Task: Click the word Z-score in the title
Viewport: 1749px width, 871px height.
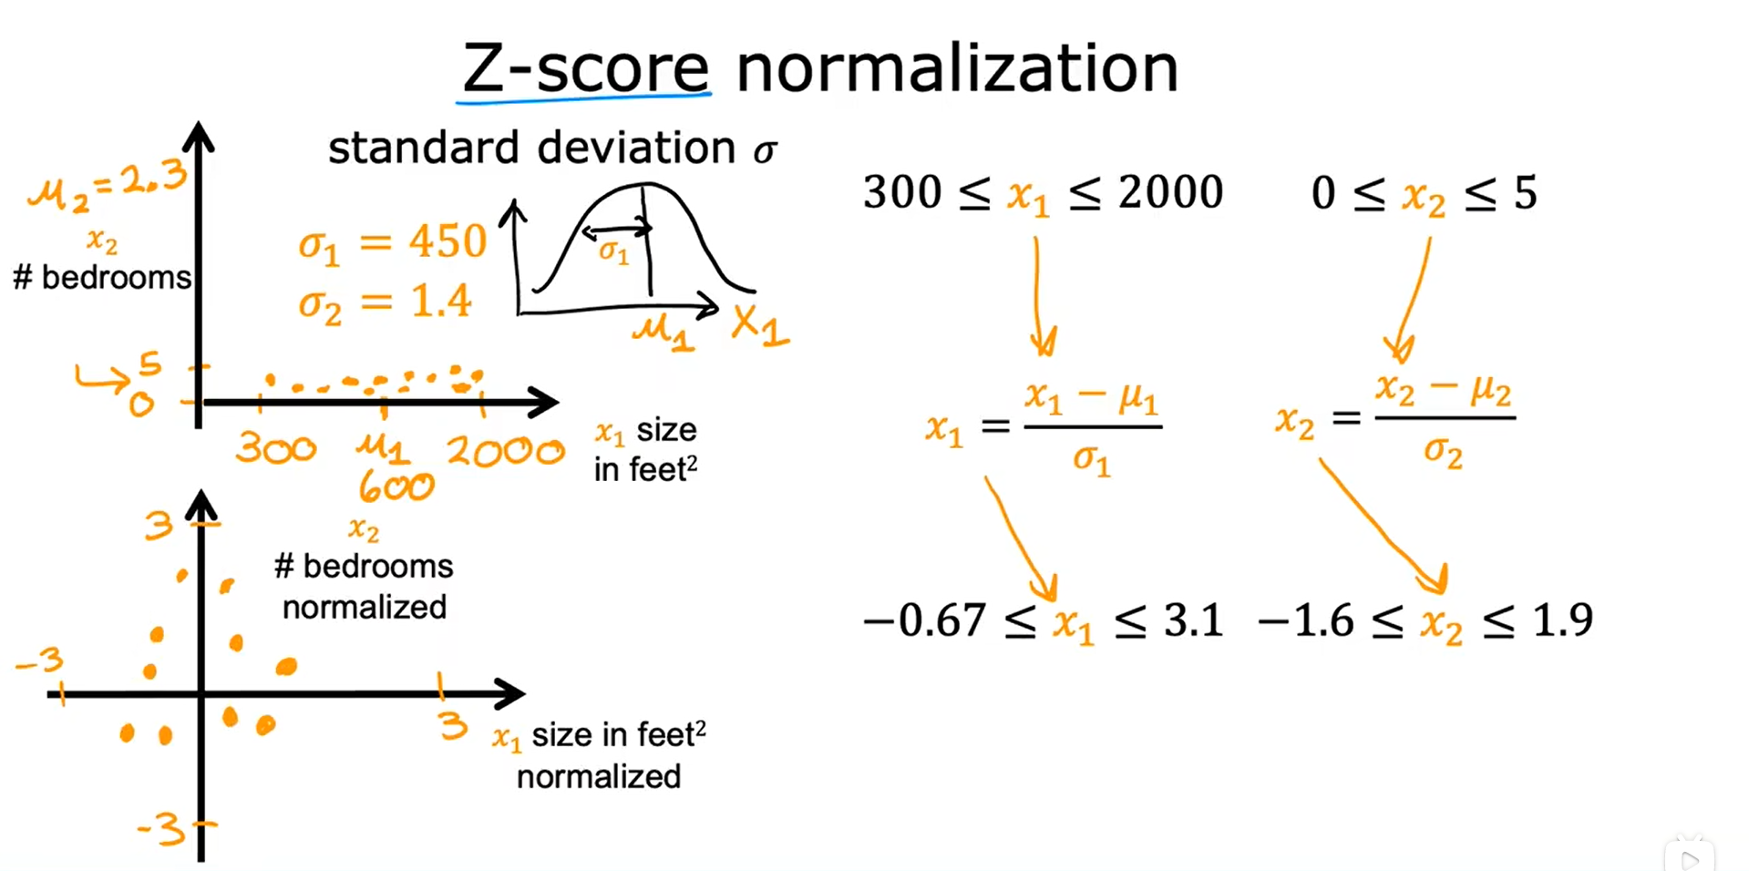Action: (x=585, y=68)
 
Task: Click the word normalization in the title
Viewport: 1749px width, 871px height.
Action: (x=957, y=68)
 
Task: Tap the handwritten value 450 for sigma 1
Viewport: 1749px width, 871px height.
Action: (x=448, y=241)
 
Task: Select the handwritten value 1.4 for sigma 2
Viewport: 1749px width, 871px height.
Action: (x=441, y=301)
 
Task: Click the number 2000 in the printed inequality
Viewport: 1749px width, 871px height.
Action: (x=1170, y=192)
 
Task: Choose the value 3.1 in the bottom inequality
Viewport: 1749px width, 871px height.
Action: (x=1193, y=620)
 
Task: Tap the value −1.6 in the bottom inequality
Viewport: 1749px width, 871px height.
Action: (x=1305, y=620)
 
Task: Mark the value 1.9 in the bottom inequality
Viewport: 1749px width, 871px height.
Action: (x=1562, y=620)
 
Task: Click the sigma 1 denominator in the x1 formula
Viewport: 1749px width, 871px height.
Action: (x=1091, y=460)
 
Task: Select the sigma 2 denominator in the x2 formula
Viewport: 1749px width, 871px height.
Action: (x=1443, y=451)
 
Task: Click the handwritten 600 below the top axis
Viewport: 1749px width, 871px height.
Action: (x=396, y=487)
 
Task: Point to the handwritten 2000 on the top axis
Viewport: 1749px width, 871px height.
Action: (x=505, y=451)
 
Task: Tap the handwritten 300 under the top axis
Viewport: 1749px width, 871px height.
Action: (x=275, y=448)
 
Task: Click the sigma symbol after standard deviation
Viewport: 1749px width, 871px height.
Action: (x=765, y=150)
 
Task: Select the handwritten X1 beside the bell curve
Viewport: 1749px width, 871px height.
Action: (x=759, y=325)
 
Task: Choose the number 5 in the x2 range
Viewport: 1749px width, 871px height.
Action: (x=1525, y=193)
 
